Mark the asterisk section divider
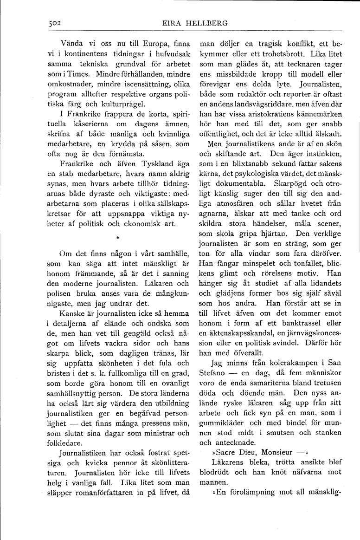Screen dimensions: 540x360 118,237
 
